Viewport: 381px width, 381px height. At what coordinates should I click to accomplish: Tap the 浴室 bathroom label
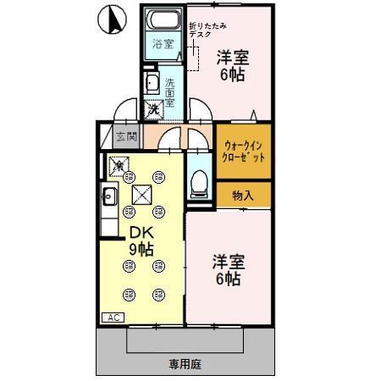[163, 44]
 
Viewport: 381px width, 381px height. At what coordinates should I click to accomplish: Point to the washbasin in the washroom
[152, 83]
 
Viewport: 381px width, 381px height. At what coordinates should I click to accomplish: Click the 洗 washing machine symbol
[153, 109]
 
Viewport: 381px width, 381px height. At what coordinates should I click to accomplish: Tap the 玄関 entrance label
[126, 135]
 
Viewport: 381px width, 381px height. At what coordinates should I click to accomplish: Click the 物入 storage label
[243, 195]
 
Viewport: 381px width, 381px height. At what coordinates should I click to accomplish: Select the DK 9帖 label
[141, 242]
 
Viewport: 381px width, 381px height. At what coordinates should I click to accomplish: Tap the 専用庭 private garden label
[184, 364]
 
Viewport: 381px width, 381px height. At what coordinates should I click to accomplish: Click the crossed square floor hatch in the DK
[141, 195]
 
